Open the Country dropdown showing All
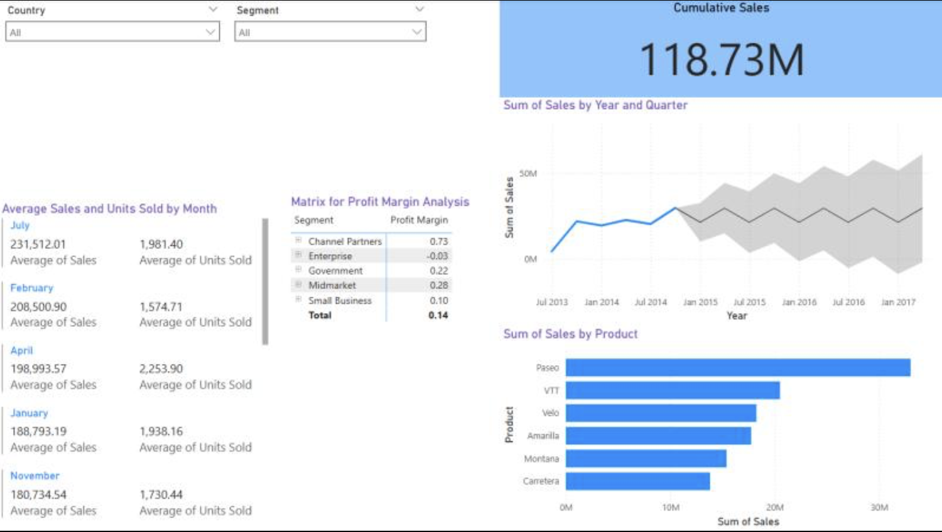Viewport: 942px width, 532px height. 112,32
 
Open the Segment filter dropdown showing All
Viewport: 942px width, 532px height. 330,32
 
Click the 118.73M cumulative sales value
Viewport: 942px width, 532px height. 721,60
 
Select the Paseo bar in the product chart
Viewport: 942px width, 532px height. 737,368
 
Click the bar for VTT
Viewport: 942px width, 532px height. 672,390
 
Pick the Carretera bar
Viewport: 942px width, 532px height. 637,481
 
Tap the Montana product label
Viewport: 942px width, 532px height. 541,459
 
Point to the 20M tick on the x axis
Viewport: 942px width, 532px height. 774,507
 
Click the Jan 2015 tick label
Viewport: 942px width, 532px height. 700,302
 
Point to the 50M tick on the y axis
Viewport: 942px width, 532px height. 528,174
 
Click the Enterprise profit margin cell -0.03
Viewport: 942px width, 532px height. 437,256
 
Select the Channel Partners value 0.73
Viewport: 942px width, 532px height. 438,242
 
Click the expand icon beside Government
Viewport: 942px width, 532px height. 298,270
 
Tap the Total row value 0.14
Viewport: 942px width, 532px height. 438,315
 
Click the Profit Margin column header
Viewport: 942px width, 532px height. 419,220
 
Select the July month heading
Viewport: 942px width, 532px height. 20,225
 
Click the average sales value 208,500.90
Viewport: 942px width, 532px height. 38,307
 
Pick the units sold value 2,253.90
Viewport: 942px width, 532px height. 161,369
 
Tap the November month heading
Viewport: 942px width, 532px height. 35,476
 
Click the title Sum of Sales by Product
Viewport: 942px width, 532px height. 570,334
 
